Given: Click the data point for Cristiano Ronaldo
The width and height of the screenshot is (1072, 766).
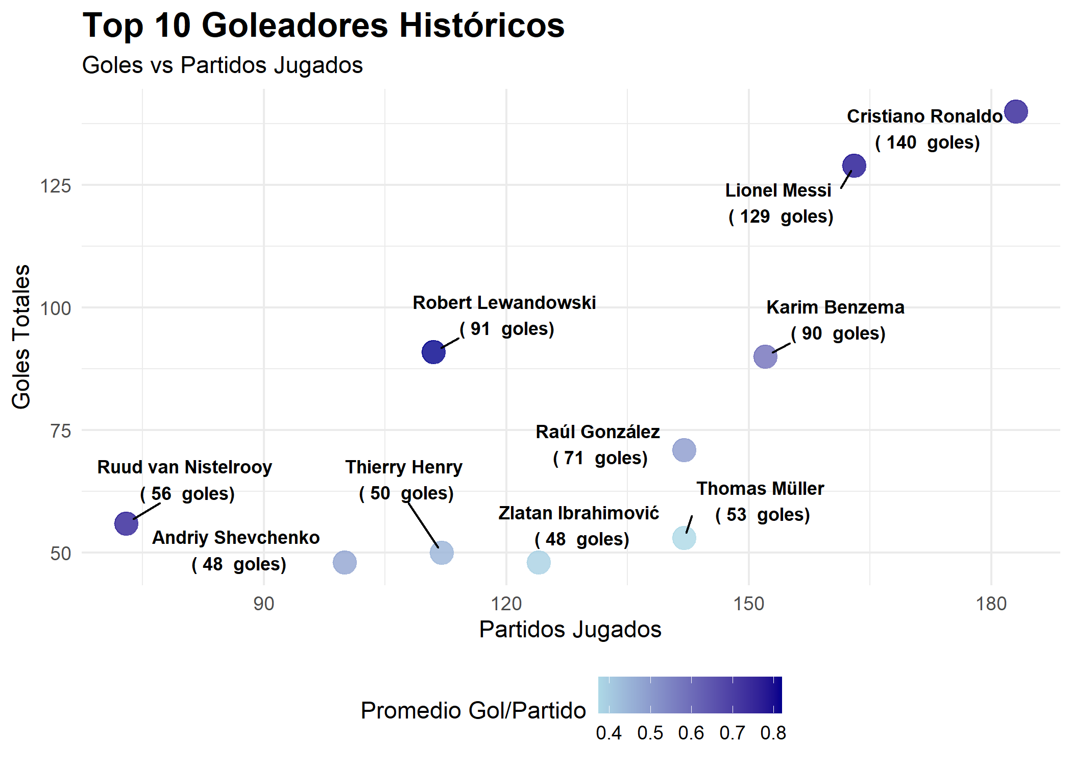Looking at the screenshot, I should pyautogui.click(x=1015, y=112).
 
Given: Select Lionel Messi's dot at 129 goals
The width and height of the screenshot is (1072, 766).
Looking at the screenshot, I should pyautogui.click(x=854, y=165).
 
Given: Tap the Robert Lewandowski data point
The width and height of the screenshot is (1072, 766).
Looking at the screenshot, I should pyautogui.click(x=433, y=352).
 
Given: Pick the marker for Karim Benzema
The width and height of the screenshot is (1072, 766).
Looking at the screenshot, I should pyautogui.click(x=765, y=356).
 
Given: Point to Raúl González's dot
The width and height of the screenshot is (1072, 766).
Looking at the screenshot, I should pyautogui.click(x=684, y=450).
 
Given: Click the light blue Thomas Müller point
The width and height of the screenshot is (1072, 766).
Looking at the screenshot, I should pyautogui.click(x=684, y=538).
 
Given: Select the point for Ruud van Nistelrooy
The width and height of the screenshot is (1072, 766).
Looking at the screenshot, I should pyautogui.click(x=126, y=523).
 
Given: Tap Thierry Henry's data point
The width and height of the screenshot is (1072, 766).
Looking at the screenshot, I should pyautogui.click(x=442, y=553).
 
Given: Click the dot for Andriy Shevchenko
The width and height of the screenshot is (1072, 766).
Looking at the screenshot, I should pyautogui.click(x=345, y=562).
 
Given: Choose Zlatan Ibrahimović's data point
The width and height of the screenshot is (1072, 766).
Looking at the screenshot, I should pyautogui.click(x=539, y=562).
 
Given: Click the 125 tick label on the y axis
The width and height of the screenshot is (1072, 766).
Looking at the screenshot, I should pyautogui.click(x=55, y=186).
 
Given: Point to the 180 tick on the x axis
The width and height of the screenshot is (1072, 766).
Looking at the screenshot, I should pyautogui.click(x=991, y=604).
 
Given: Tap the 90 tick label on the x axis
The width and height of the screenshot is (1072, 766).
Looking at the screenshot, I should pyautogui.click(x=263, y=604).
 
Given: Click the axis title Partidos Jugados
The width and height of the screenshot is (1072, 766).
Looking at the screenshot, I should pyautogui.click(x=570, y=629).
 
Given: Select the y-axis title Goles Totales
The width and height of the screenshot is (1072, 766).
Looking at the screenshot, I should pyautogui.click(x=21, y=337).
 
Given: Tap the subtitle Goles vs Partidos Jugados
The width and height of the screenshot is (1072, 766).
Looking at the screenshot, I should pyautogui.click(x=222, y=65).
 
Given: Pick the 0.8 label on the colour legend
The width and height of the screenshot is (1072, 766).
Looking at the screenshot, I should pyautogui.click(x=773, y=733).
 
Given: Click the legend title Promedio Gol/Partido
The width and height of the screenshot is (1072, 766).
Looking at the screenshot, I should pyautogui.click(x=473, y=710).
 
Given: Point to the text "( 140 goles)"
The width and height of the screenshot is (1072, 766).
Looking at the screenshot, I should pyautogui.click(x=927, y=142).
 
